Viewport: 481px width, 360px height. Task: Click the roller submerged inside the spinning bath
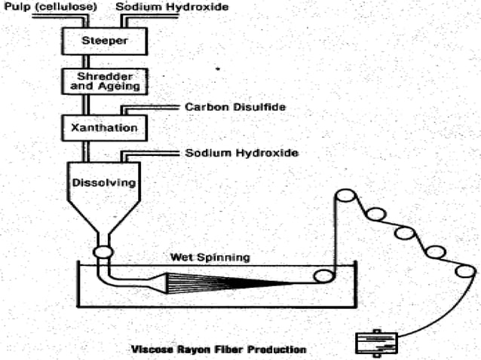tap(323, 276)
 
